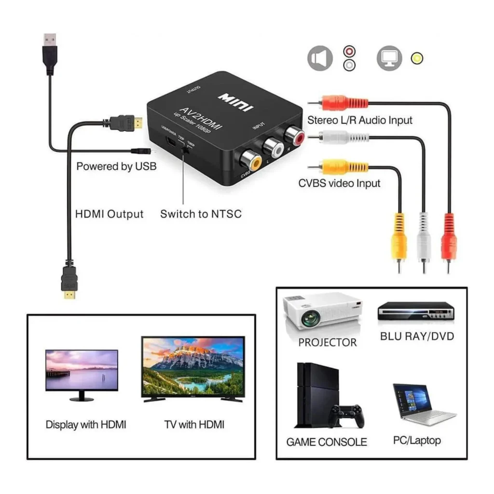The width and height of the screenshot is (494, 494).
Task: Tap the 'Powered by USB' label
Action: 116,166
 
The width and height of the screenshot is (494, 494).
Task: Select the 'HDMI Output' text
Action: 110,214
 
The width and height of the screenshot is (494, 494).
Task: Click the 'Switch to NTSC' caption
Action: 201,214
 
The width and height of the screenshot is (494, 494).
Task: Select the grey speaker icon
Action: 320,58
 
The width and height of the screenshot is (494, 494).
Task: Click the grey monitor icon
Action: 389,58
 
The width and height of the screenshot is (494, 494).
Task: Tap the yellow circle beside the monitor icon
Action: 417,58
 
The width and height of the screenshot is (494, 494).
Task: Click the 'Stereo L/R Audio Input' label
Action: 360,120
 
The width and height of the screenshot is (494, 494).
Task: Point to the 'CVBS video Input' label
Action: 339,183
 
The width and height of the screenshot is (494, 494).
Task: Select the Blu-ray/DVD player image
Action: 415,311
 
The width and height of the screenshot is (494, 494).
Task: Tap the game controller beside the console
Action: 346,415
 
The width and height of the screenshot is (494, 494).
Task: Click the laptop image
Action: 422,404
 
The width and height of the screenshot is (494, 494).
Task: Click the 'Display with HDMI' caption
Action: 86,425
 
